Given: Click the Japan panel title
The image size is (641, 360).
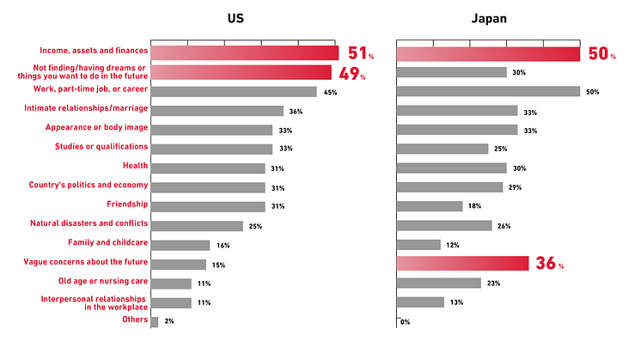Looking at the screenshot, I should pos(490,18).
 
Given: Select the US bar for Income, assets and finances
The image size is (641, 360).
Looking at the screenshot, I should pos(245,53).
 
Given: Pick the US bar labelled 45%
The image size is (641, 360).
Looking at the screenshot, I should pos(234,91).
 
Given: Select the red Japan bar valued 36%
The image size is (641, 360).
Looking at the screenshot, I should pos(462,264).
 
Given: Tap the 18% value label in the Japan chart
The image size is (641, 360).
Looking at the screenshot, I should pos(475,206).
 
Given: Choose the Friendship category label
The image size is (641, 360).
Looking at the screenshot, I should pos(127,204).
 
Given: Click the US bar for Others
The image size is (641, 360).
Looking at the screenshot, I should pos(155,322).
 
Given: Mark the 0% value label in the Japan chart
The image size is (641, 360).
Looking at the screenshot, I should pos(405,322).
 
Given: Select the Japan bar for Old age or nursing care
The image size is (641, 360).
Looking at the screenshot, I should pos(439,283).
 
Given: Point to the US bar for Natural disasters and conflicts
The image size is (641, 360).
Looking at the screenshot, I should pos(197,225).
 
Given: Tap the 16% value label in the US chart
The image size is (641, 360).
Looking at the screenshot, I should pos(223,246).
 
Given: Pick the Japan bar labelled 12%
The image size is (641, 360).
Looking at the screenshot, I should pos(418,245).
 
